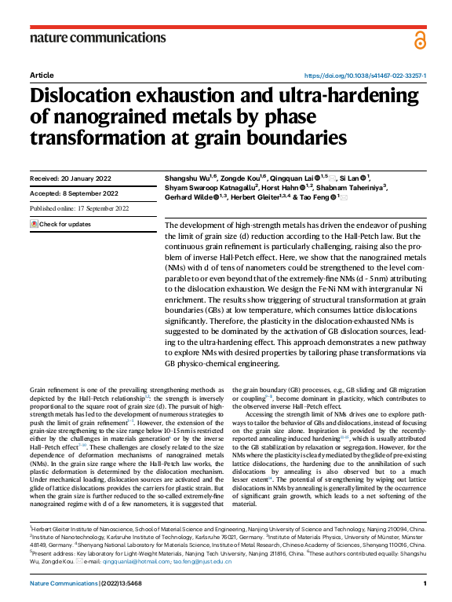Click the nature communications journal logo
97,37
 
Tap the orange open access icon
421,39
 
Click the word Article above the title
42,75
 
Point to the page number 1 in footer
424,584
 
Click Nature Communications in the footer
63,584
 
